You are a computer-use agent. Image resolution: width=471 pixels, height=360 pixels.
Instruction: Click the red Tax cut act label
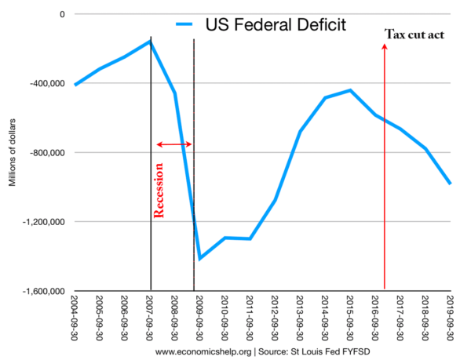(x=415, y=35)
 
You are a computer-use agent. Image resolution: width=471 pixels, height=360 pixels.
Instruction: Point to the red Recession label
(x=159, y=189)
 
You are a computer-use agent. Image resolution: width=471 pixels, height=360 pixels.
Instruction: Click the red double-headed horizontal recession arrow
(x=173, y=144)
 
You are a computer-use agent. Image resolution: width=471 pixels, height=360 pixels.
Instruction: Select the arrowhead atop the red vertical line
(x=385, y=48)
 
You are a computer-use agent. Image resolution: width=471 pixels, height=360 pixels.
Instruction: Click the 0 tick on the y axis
(x=60, y=14)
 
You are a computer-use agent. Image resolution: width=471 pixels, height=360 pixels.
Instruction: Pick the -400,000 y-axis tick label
(x=46, y=84)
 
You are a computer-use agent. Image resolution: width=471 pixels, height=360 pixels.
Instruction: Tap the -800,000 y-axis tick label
(x=46, y=153)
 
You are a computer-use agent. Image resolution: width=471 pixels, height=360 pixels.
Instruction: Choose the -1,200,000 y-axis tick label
(x=42, y=222)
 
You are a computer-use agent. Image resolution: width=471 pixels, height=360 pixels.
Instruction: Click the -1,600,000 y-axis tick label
(x=42, y=292)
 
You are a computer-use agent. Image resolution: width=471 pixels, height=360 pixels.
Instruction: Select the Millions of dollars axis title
(x=12, y=153)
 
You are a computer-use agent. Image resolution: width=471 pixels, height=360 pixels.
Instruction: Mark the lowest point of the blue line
(x=200, y=258)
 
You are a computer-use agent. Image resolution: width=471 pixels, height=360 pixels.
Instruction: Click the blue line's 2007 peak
(x=150, y=41)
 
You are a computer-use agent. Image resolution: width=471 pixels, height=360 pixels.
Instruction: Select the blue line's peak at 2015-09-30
(x=350, y=90)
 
